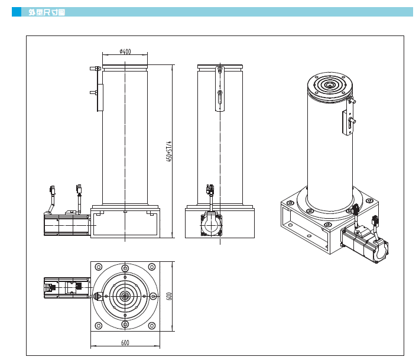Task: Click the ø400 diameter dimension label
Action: pos(125,51)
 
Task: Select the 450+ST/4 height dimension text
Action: pos(169,151)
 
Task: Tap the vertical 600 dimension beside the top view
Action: pos(169,296)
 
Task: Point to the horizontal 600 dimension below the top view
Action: pos(125,343)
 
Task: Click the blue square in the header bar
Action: pos(17,12)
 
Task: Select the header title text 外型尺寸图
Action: pos(47,12)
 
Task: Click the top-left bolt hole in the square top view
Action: pos(99,267)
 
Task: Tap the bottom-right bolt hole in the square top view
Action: pos(152,326)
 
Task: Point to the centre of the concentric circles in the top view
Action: pos(125,296)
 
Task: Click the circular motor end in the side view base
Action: pos(212,225)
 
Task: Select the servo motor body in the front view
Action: pos(67,225)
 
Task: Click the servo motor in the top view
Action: pos(67,288)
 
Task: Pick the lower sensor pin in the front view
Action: pos(94,93)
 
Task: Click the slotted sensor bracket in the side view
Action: pos(220,89)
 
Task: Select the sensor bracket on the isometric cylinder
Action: pos(347,117)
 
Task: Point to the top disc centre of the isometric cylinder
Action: pos(330,86)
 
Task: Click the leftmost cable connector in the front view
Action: pos(53,190)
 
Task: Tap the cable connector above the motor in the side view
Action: pos(210,189)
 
